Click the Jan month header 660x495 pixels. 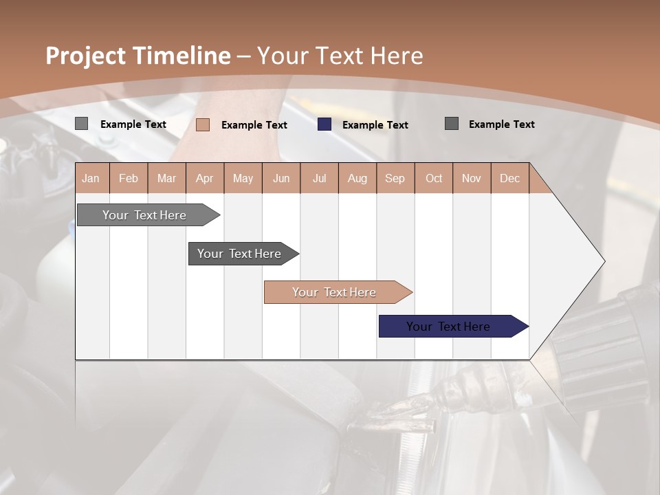(91, 179)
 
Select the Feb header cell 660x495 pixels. (129, 179)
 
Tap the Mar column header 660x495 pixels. (166, 179)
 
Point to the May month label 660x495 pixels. (243, 179)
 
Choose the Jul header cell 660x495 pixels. (319, 179)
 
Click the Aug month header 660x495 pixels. (357, 179)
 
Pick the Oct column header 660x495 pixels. (434, 179)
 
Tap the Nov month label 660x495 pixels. (472, 179)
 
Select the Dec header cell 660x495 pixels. (509, 179)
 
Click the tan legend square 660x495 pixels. (203, 124)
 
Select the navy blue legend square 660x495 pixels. (324, 124)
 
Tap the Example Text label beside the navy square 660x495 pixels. (375, 125)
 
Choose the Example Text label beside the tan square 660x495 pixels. (254, 125)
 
